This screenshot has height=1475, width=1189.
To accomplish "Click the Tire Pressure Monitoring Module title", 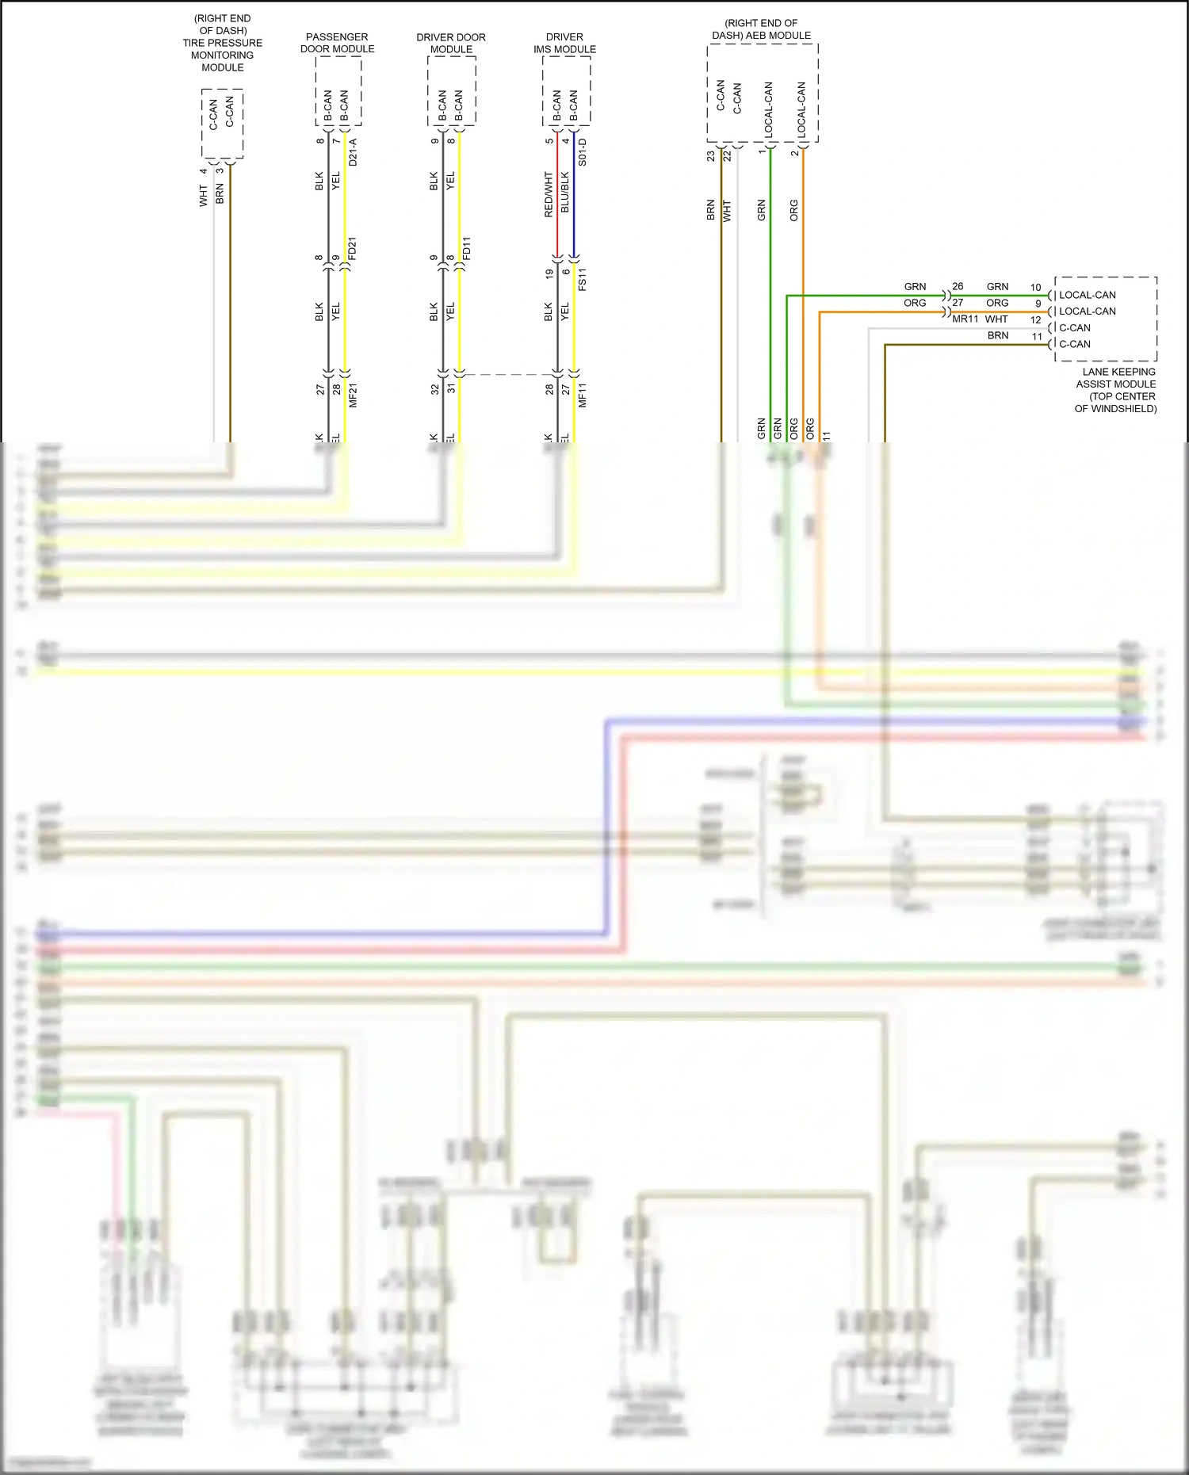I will [x=222, y=43].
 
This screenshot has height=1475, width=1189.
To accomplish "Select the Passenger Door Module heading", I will [x=337, y=43].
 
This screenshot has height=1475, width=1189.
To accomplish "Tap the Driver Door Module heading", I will [x=451, y=43].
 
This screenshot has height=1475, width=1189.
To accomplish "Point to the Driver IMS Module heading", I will [x=564, y=43].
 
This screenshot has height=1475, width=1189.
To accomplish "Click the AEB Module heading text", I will [x=761, y=29].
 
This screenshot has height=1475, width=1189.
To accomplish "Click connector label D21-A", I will [x=354, y=152].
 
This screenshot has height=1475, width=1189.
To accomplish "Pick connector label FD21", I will [x=354, y=248].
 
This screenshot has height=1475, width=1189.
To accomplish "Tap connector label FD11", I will [x=467, y=248].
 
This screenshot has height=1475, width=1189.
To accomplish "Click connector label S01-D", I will [x=583, y=152].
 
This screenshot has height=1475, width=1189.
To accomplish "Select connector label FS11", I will [x=583, y=279].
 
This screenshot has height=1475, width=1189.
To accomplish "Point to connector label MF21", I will [x=354, y=395].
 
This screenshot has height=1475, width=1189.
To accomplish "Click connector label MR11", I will [x=965, y=319].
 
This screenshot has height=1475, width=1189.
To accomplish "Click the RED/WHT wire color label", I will [x=549, y=194].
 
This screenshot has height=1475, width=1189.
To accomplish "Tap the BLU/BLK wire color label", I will [x=565, y=192].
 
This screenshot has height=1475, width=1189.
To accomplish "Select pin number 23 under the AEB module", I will [x=711, y=156].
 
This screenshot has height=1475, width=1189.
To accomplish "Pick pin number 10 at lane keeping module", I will [x=1035, y=288].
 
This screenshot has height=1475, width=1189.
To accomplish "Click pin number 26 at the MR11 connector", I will [x=958, y=287].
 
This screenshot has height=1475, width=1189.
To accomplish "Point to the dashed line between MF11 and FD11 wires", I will [x=508, y=375].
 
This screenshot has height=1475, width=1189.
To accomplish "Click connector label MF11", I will [x=583, y=395].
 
